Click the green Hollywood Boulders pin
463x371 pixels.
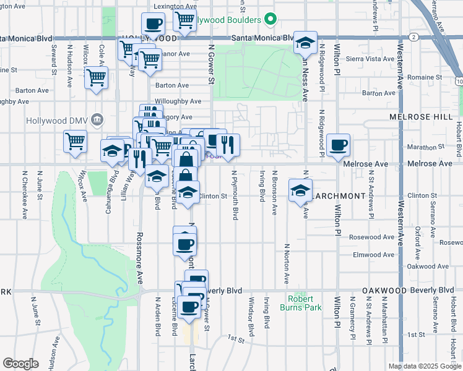tap(269, 20)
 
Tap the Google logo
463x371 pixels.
tap(20, 364)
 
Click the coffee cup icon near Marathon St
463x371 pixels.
tap(338, 145)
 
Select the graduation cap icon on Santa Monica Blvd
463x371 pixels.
tap(305, 43)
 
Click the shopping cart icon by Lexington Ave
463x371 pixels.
tap(185, 20)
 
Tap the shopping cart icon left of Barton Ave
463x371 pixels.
tap(96, 78)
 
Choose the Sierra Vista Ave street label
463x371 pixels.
tap(370, 59)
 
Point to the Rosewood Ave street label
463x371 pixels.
tap(371, 237)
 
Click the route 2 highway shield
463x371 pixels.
tap(413, 38)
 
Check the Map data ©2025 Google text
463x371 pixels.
tap(424, 366)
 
